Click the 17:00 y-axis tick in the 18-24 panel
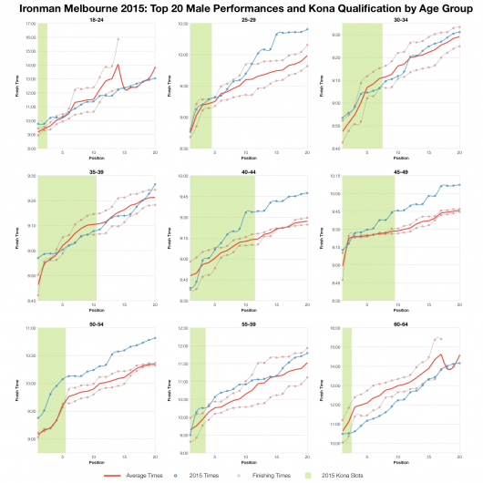tap(28, 24)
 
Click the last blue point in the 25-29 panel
tap(307, 29)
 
